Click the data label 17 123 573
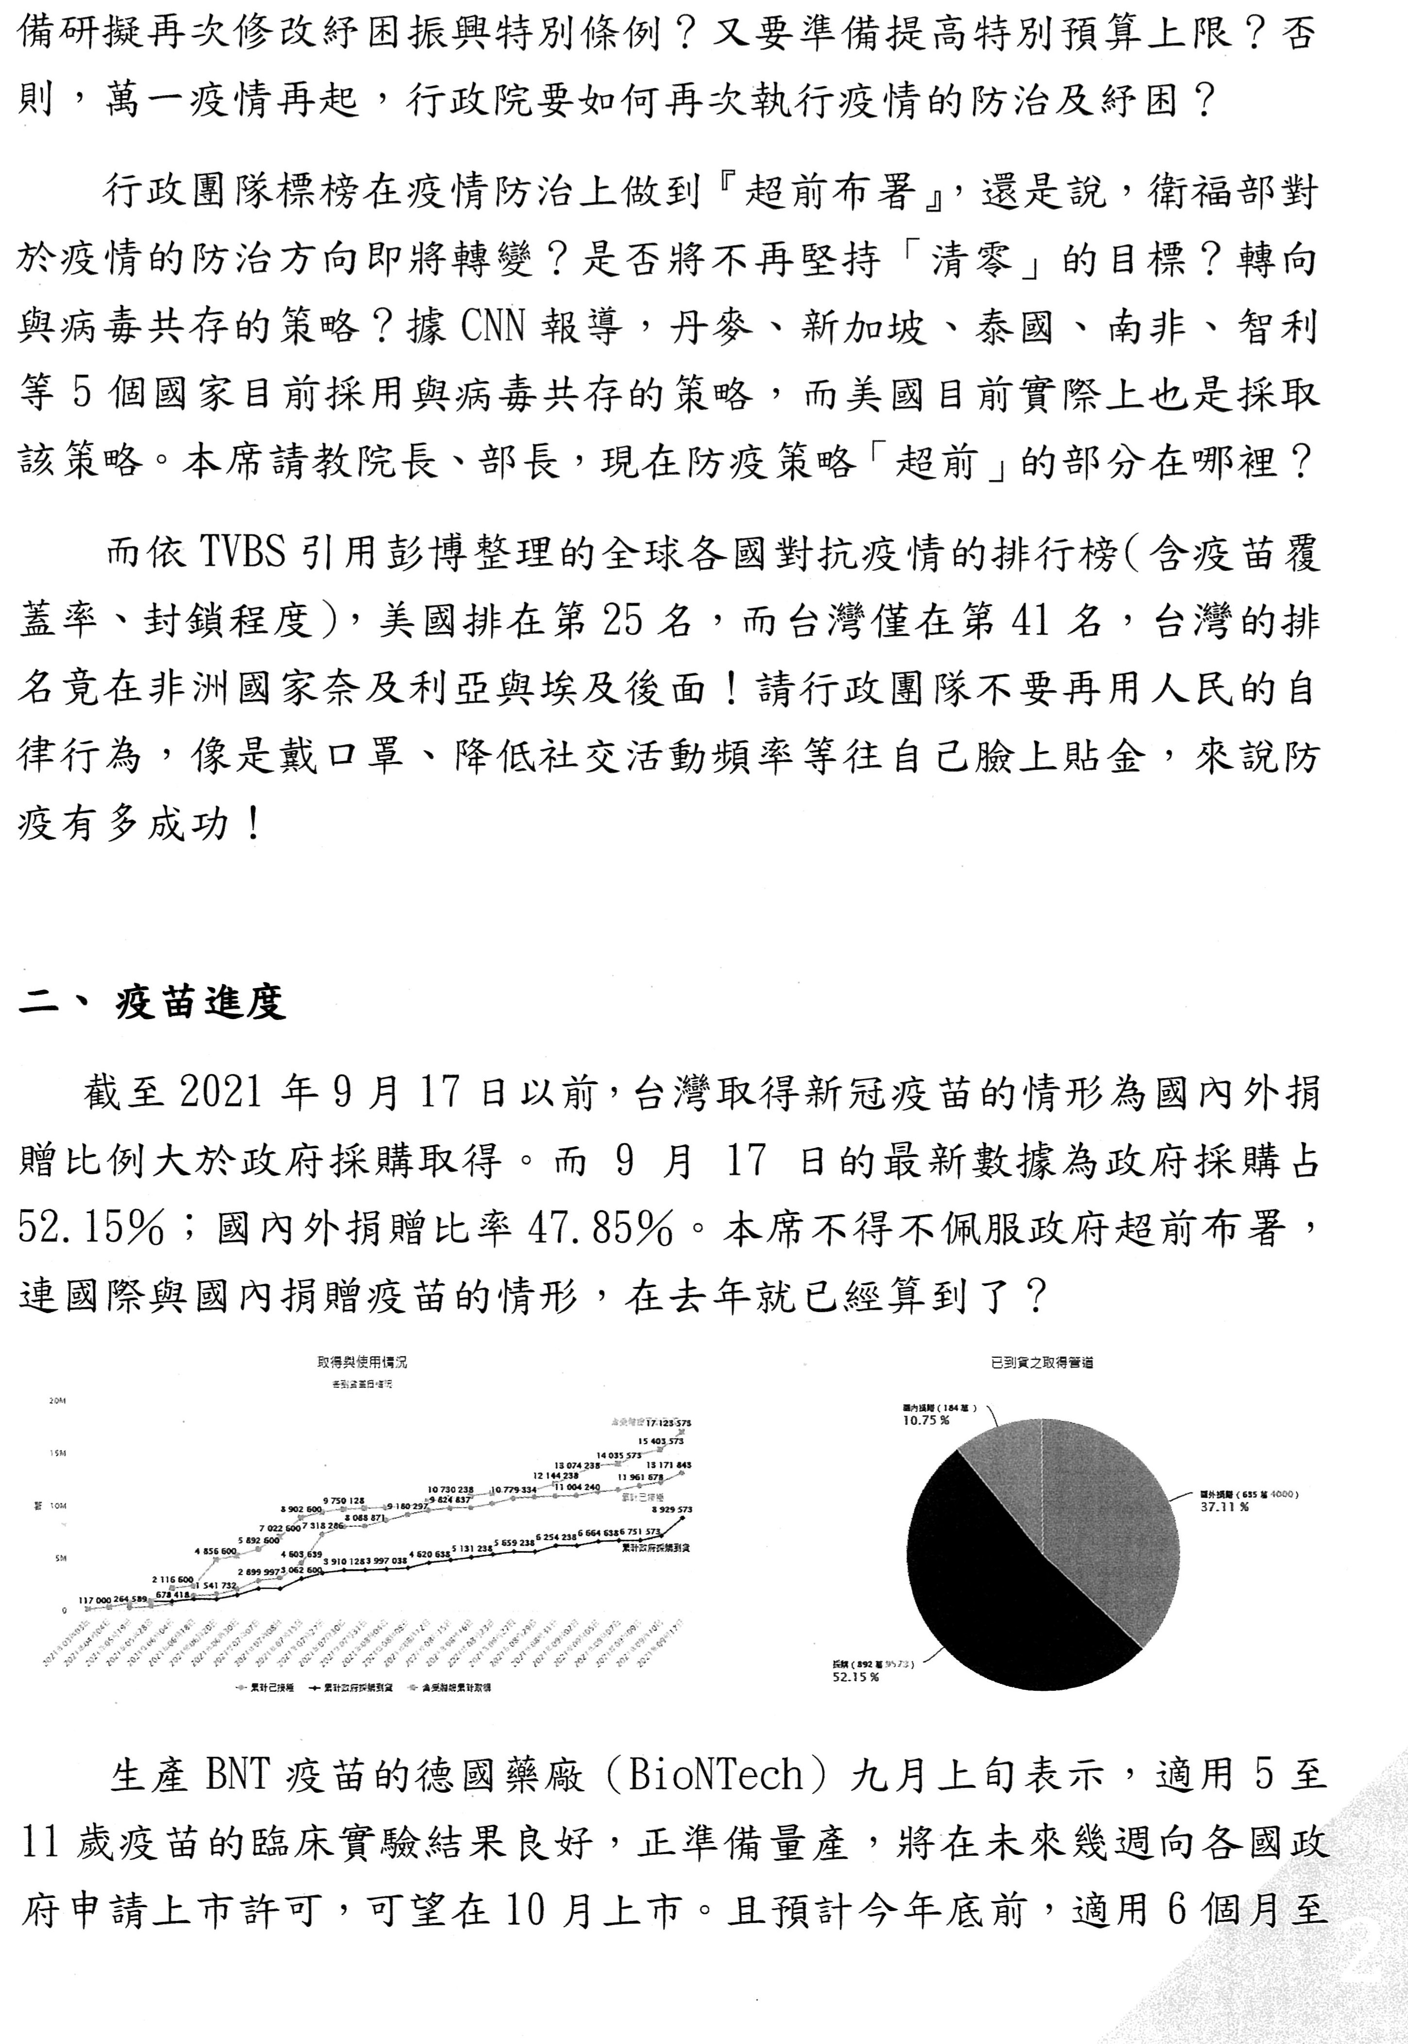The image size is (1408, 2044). point(668,1423)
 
